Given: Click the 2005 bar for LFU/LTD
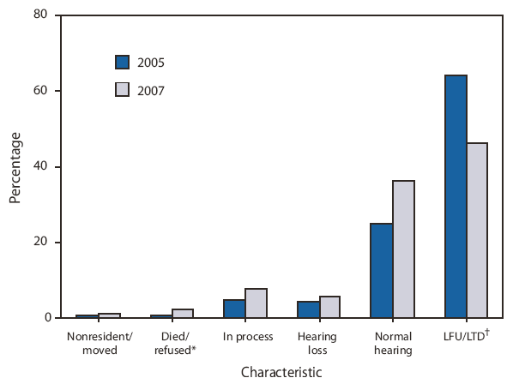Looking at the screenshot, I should coord(456,196).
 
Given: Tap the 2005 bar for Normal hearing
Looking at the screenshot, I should coord(381,270).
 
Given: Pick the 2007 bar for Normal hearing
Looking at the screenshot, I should coord(403,249).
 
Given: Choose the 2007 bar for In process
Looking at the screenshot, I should coord(256,303).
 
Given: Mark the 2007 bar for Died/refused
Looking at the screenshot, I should coord(183,313).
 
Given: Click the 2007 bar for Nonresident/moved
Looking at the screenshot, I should coord(109,315).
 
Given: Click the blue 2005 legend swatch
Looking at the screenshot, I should coord(122,62).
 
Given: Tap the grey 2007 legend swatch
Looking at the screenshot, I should coord(122,89).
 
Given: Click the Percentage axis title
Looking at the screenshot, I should coord(15,166).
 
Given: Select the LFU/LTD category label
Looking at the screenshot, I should coord(468,337).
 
